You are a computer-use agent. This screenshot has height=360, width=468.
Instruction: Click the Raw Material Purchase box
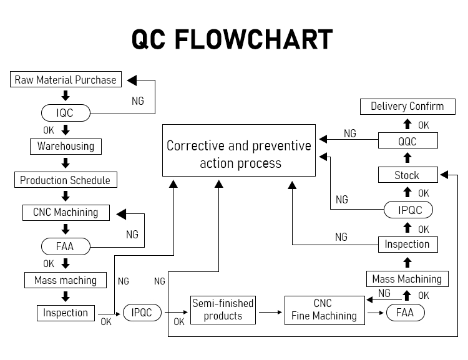point(66,80)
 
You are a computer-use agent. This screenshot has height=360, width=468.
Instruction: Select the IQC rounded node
point(66,113)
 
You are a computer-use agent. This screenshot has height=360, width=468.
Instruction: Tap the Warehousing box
point(66,147)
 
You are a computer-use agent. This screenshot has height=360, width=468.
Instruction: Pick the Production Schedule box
point(66,180)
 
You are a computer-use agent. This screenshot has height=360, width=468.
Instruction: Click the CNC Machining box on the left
point(66,213)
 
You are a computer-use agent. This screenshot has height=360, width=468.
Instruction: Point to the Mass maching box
point(66,280)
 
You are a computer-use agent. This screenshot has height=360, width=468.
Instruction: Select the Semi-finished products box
point(223,309)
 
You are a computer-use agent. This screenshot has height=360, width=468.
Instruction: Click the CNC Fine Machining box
point(324,309)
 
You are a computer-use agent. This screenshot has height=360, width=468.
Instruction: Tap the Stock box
point(407,175)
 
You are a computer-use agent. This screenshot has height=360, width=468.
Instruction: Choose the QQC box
point(407,141)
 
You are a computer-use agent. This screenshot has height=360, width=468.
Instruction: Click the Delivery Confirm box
point(407,107)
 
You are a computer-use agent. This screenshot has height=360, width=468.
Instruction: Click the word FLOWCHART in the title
point(253,39)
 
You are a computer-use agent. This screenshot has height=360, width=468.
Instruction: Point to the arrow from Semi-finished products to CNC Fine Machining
point(270,311)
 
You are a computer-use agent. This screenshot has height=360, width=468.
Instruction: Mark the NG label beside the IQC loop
point(138,100)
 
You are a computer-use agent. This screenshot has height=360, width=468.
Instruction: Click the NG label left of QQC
point(350,134)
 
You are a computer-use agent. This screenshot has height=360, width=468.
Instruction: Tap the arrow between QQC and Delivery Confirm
point(407,124)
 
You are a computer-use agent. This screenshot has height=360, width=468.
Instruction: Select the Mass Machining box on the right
point(407,279)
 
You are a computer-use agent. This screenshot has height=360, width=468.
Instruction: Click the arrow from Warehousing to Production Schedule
point(66,163)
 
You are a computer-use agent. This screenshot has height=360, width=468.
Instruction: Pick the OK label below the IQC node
point(49,130)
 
